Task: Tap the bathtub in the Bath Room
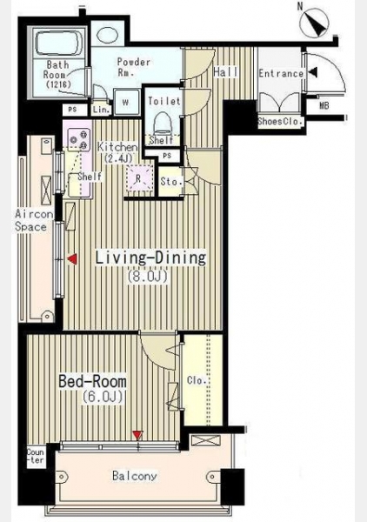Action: coord(58,43)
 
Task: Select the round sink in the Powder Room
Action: coord(107,34)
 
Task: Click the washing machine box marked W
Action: coord(126,102)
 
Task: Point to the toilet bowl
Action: coord(163,123)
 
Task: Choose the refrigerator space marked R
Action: coord(139,178)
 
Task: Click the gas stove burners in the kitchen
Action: coord(79,139)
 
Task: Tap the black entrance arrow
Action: coord(313,72)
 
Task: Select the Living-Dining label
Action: coord(150,258)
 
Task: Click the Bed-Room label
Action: coord(92,381)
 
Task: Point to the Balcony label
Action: coord(135,476)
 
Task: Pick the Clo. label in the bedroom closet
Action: coord(197,380)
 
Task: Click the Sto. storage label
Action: coord(170,182)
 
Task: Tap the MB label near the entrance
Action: coord(324,105)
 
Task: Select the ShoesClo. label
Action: coord(280,122)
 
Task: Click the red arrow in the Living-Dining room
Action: coord(72,259)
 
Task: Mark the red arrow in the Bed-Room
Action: coord(137,435)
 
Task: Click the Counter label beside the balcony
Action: coord(36,456)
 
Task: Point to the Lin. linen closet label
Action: coord(101,110)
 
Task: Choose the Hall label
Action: coord(226,72)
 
